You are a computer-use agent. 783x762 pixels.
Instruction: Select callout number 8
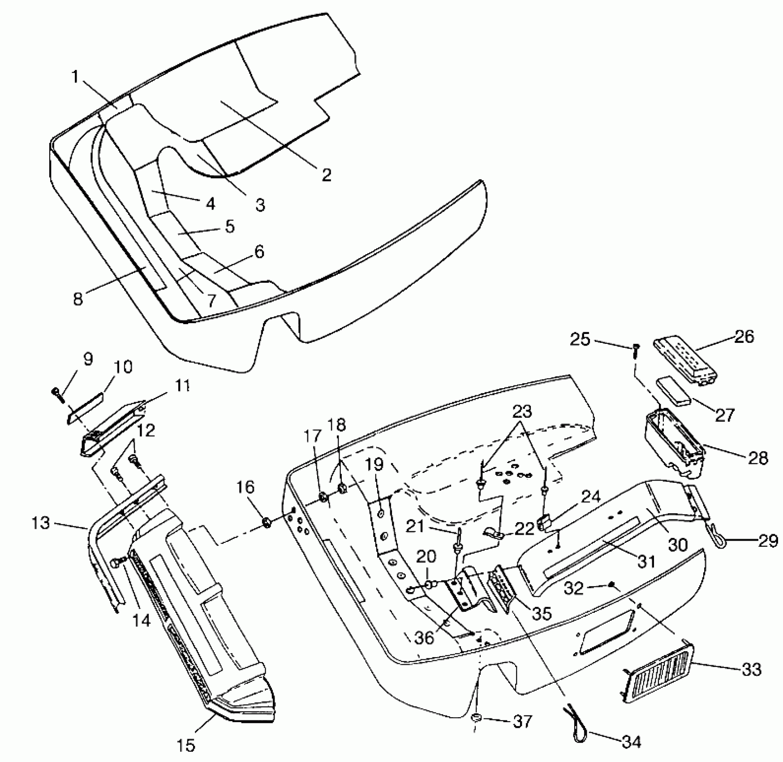click(x=78, y=299)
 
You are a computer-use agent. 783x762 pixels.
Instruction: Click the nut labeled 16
click(x=266, y=522)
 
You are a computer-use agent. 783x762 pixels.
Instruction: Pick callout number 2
click(x=327, y=174)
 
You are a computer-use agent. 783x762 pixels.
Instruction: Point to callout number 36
click(x=424, y=637)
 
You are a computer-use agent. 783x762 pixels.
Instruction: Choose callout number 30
click(x=677, y=544)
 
